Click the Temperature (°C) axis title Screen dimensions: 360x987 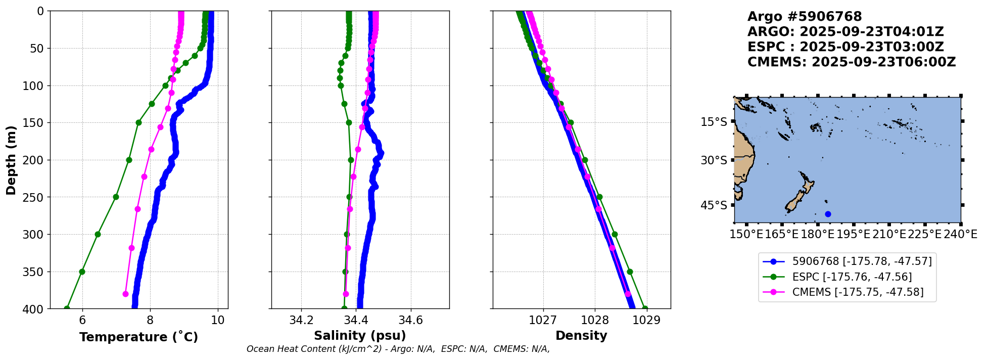click(x=138, y=337)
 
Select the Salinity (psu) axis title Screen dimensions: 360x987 click(x=360, y=336)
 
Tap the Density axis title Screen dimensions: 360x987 click(x=581, y=336)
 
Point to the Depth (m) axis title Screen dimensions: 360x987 click(x=11, y=160)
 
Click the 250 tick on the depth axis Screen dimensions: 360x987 click(x=36, y=197)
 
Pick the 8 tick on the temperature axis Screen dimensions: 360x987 click(x=150, y=320)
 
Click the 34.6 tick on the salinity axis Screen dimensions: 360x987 click(x=411, y=320)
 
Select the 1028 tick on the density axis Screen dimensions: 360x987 click(x=595, y=320)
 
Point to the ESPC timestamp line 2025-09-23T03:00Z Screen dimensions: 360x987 click(x=845, y=47)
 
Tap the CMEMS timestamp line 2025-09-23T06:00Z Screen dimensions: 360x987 click(x=852, y=62)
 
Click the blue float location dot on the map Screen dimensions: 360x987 click(x=828, y=214)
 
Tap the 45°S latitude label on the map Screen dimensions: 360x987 click(x=714, y=205)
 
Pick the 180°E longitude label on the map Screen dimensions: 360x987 click(x=818, y=235)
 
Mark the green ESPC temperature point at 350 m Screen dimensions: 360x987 click(x=82, y=272)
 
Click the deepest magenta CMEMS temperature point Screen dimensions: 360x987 click(x=125, y=294)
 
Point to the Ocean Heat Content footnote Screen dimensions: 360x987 click(x=398, y=349)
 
